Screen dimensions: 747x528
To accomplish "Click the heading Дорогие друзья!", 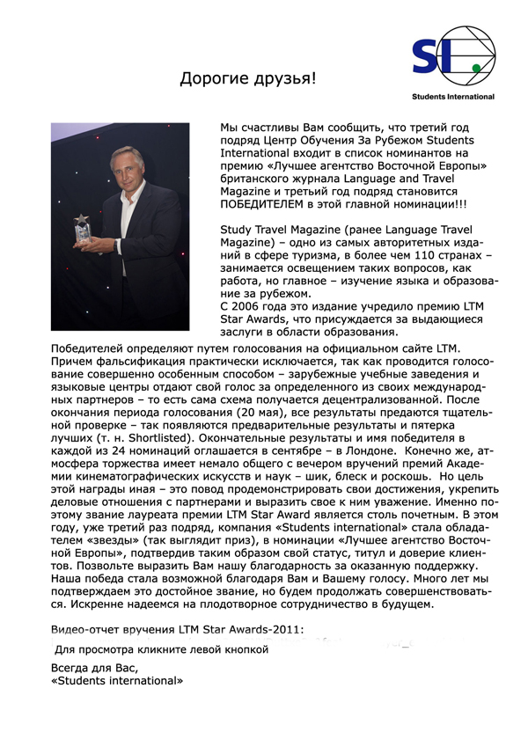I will coord(247,79).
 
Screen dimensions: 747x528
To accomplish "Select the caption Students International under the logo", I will coord(452,97).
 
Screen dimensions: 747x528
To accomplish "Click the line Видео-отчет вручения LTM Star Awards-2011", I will coord(176,629).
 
